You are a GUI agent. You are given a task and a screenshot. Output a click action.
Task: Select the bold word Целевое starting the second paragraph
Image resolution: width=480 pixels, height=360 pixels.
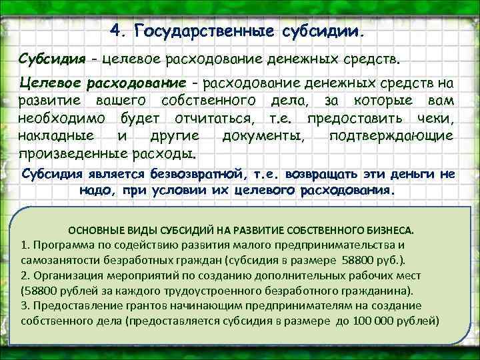[53, 83]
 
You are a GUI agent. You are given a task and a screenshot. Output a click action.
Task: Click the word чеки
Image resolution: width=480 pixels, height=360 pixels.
[433, 119]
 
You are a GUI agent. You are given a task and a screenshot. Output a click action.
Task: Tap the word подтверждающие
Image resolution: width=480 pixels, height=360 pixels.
[391, 137]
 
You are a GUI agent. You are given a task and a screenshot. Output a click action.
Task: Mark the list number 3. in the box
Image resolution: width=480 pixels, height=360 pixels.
[25, 305]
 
